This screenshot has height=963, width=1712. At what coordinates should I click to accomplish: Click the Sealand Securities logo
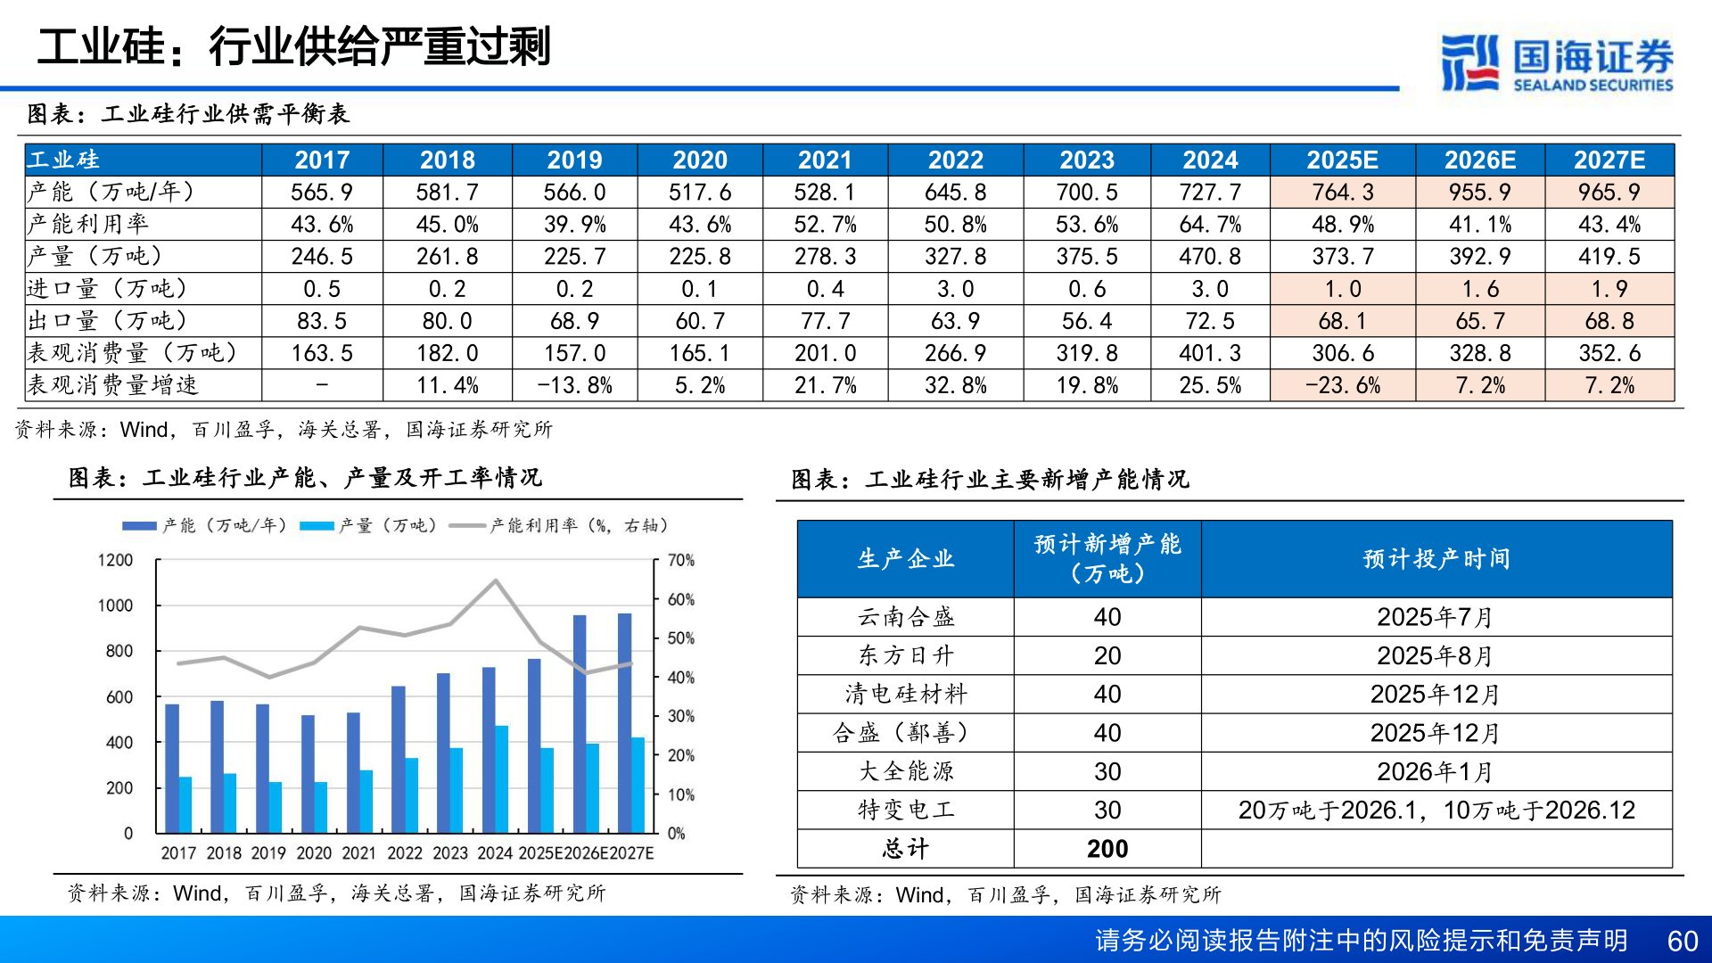tap(1556, 62)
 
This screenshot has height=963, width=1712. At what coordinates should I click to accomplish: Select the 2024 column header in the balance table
tap(1210, 160)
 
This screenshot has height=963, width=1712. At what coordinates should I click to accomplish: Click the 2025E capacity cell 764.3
tap(1342, 192)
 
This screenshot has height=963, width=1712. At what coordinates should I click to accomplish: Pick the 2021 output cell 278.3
tap(825, 257)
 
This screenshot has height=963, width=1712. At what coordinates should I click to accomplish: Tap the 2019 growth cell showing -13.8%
tap(574, 385)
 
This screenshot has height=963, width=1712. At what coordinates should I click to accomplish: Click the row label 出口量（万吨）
tap(108, 321)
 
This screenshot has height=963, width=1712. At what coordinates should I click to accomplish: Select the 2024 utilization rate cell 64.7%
tap(1210, 224)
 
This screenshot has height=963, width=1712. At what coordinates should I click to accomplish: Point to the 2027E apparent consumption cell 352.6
tap(1609, 353)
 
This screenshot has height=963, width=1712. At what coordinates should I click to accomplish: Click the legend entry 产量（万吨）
tap(369, 526)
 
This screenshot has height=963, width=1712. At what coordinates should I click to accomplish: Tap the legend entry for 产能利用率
tap(560, 526)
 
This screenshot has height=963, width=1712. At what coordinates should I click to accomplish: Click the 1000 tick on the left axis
tap(115, 605)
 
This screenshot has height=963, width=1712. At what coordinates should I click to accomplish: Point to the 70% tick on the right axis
tap(681, 560)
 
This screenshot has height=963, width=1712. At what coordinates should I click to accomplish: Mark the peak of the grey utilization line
tap(496, 580)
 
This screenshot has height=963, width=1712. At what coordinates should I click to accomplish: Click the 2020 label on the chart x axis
tap(314, 853)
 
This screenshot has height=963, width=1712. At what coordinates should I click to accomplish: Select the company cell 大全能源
tap(905, 771)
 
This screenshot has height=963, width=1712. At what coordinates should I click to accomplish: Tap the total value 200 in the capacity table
tap(1107, 849)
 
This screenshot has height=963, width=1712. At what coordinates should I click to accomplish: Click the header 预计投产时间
tap(1436, 559)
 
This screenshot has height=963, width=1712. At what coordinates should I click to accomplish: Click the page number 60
tap(1682, 941)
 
